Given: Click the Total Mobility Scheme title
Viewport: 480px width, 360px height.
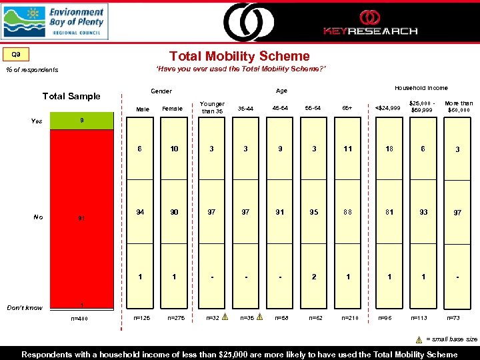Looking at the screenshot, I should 239,57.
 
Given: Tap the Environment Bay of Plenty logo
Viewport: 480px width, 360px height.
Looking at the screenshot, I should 55,21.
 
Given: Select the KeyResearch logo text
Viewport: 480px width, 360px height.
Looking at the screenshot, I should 370,31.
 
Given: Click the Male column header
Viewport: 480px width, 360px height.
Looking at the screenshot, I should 143,109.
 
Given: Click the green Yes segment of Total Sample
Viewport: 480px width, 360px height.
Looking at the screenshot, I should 81,121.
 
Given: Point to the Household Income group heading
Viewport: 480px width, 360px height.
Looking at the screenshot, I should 421,88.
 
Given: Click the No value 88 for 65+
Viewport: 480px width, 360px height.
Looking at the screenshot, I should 347,212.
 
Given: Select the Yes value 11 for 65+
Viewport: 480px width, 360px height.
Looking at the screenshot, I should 347,149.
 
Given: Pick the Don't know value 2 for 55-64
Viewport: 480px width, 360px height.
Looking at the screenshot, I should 314,277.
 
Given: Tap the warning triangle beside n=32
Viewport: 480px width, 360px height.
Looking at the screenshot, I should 225,318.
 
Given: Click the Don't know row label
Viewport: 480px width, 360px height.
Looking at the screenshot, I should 25,307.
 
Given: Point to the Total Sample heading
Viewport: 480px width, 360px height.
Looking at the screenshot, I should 71,96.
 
